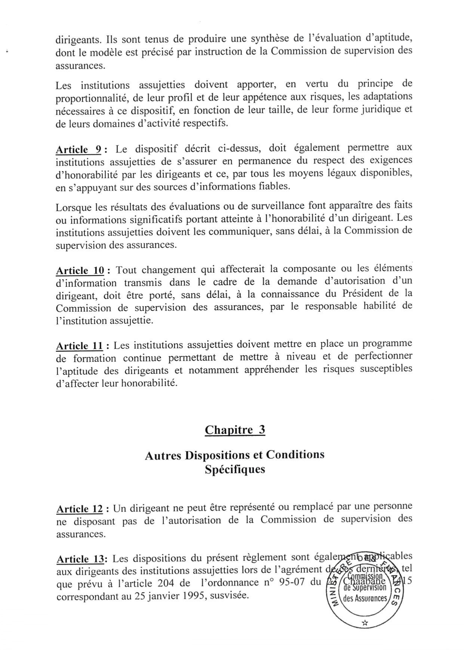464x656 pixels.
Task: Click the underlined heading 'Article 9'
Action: coord(79,150)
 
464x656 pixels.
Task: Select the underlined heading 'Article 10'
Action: coord(80,270)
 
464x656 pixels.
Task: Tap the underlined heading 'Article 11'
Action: coord(79,346)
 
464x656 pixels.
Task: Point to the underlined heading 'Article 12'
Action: coord(79,509)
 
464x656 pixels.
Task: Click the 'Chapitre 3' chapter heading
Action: coord(235,430)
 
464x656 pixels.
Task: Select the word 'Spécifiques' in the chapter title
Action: coord(235,469)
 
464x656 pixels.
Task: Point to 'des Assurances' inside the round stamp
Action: coord(365,598)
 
